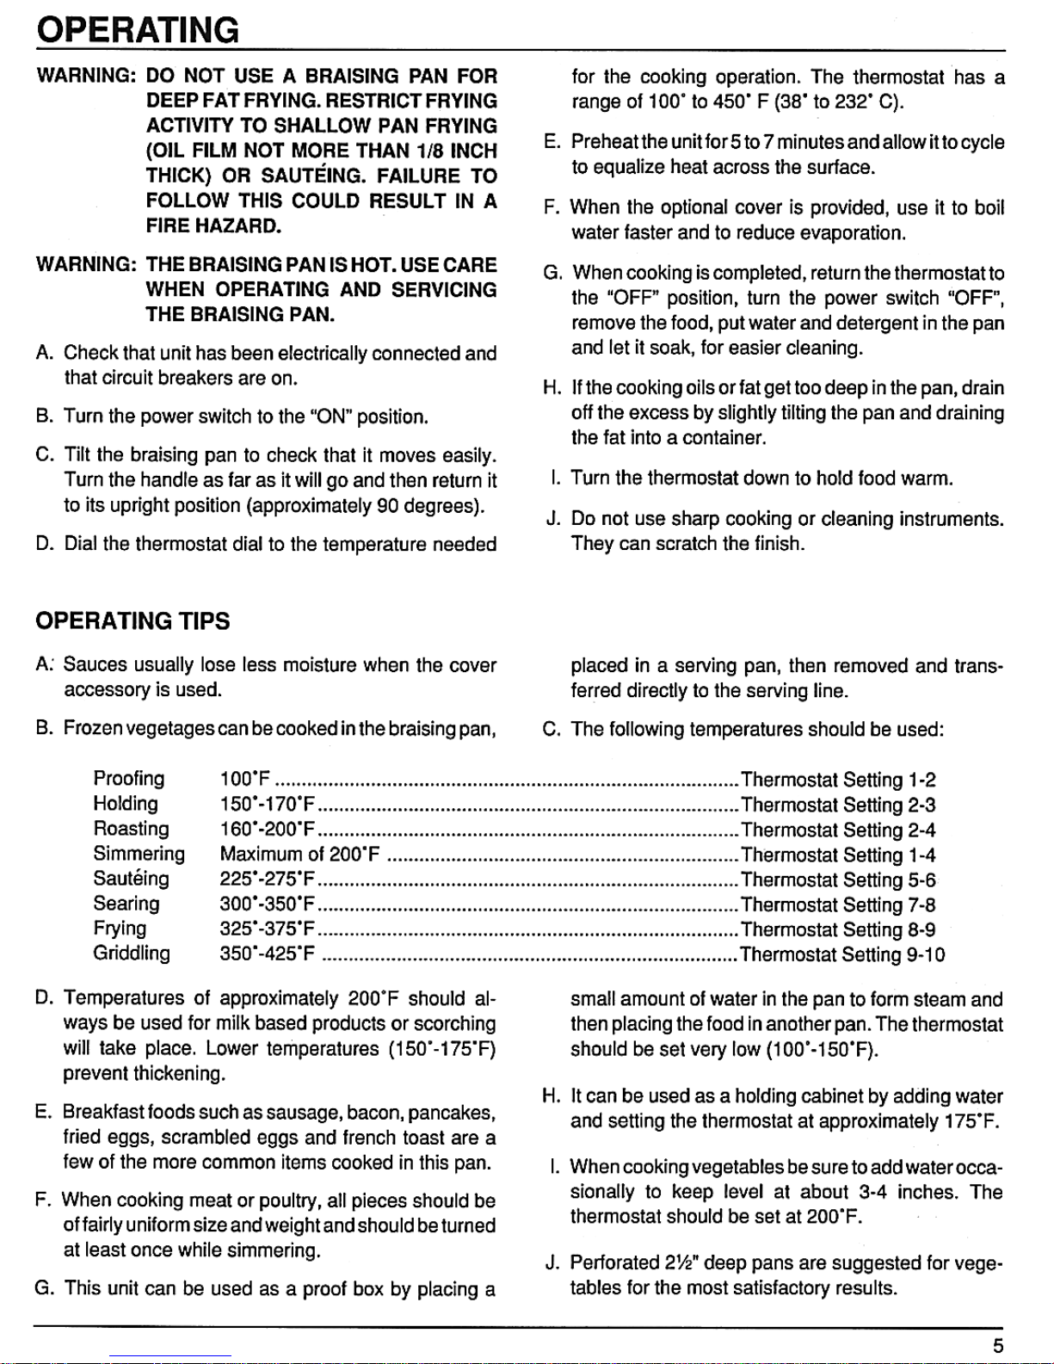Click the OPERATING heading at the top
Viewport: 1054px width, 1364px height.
point(138,30)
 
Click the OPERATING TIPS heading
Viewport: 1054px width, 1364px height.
point(133,621)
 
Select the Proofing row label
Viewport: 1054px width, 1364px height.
point(128,779)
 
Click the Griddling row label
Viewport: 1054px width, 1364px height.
point(132,954)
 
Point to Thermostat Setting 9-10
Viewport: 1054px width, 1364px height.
point(842,954)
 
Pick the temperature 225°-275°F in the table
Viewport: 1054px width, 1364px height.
point(268,880)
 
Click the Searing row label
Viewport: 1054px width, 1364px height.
point(126,904)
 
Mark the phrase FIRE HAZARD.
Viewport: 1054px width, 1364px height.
point(213,226)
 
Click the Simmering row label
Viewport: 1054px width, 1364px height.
point(139,854)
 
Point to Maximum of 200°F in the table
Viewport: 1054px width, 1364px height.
point(299,855)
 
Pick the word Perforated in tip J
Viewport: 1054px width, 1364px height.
point(614,1263)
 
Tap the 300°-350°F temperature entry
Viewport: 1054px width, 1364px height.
point(268,904)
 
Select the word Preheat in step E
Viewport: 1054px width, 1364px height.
point(603,142)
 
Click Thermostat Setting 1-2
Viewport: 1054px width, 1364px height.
point(838,780)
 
